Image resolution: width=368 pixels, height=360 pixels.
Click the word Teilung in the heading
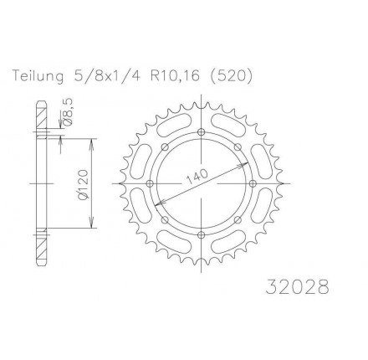pos(38,77)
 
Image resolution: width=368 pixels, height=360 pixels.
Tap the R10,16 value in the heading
pos(176,76)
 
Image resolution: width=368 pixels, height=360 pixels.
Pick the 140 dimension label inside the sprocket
pos(197,177)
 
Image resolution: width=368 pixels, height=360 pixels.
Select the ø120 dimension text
pos(84,184)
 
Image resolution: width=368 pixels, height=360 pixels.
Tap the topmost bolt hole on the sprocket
pos(201,131)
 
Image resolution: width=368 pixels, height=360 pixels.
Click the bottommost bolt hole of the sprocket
pos(201,235)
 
